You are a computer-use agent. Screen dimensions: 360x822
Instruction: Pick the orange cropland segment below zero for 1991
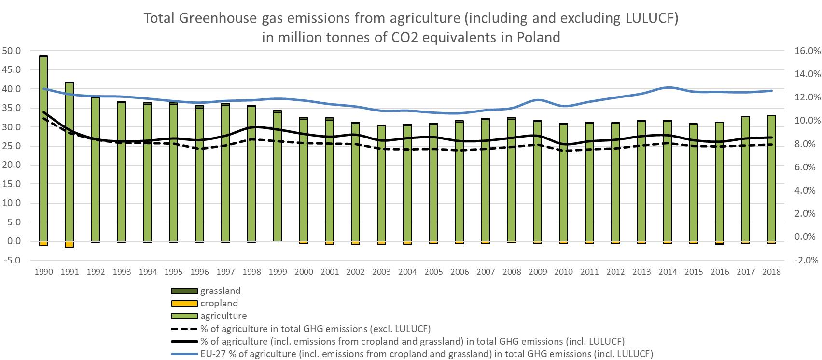point(70,244)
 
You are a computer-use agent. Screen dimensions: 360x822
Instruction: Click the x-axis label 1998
point(252,272)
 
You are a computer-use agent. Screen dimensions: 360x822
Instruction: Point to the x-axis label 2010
point(563,272)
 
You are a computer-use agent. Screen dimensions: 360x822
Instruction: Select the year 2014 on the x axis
point(668,272)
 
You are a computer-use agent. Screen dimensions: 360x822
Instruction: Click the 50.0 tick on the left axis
point(11,51)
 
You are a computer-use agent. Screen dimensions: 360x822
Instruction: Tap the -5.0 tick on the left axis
point(11,261)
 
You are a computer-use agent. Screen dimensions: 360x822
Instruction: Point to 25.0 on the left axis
point(11,146)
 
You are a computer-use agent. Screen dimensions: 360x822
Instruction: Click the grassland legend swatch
point(184,291)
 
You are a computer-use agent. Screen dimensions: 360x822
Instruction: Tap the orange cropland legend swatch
point(184,304)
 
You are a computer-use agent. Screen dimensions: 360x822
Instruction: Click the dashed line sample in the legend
point(184,329)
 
